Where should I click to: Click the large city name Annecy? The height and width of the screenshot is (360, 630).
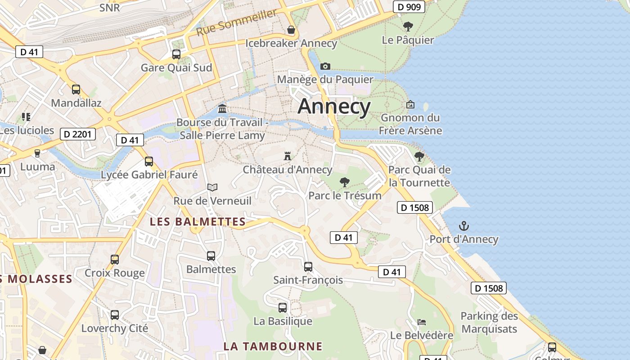click(334, 107)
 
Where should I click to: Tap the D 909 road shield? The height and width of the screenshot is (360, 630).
click(409, 7)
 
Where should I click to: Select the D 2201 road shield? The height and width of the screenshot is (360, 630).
click(77, 134)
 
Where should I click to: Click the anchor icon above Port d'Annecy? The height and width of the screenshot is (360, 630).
click(463, 226)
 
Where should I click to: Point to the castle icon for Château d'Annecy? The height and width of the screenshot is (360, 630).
click(288, 156)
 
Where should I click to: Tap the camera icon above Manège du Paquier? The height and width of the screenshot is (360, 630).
click(325, 66)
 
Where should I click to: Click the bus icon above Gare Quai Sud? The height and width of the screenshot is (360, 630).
click(176, 54)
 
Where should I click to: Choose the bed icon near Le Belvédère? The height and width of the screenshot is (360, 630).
click(422, 322)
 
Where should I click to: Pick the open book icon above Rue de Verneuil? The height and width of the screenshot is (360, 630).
click(212, 187)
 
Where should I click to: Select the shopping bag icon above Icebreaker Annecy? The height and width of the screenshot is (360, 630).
click(291, 30)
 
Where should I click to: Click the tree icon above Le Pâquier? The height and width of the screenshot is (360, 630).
click(408, 27)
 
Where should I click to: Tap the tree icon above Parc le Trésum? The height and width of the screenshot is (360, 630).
click(345, 182)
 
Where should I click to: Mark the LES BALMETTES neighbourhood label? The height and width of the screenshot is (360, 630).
click(198, 222)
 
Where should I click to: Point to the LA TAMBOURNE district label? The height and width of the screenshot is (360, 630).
click(273, 346)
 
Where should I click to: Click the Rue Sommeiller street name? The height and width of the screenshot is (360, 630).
click(237, 23)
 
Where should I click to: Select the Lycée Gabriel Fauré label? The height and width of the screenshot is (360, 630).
click(149, 175)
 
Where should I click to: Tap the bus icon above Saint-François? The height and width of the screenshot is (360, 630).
click(308, 267)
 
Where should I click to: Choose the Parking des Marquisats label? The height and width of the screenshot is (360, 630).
click(489, 322)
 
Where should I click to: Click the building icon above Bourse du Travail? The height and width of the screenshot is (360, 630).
click(222, 109)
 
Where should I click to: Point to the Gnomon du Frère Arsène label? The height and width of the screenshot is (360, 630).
click(410, 124)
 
